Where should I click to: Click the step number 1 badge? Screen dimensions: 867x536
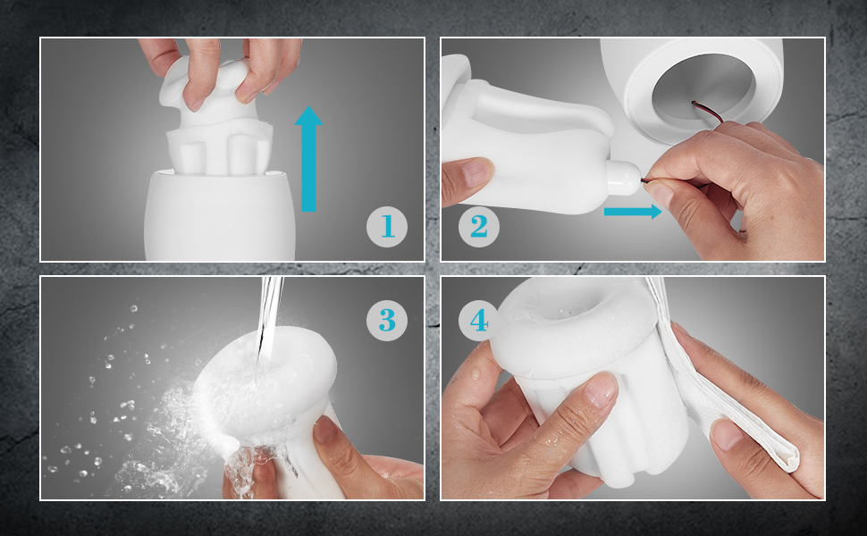[x=387, y=227]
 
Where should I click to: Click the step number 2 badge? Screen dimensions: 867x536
[x=479, y=227]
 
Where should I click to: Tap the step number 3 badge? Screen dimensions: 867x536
[x=387, y=320]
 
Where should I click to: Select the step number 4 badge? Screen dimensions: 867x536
[x=479, y=320]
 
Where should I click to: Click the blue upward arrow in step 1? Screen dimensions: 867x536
[x=308, y=159]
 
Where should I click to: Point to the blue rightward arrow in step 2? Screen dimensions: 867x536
[x=633, y=211]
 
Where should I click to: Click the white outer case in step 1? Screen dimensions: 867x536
[x=220, y=215]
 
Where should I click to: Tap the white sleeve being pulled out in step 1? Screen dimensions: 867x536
[x=216, y=121]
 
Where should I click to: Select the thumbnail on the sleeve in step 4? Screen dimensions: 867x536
[x=600, y=391]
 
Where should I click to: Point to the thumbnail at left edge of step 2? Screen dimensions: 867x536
[x=477, y=173]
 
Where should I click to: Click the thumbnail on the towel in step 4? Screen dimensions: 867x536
[x=726, y=434]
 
